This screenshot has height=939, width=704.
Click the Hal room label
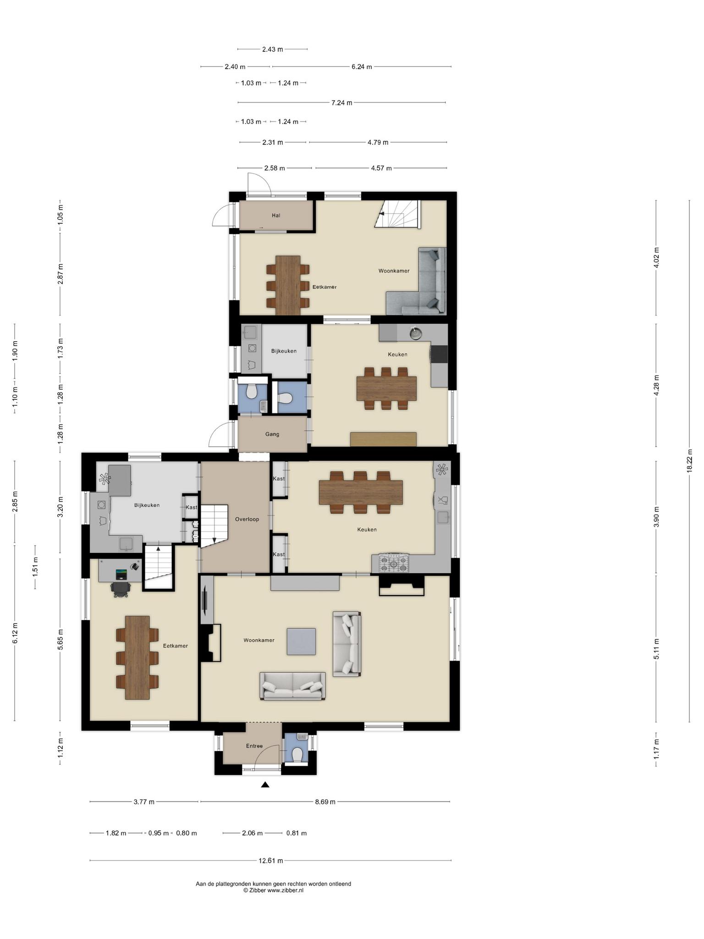(x=276, y=215)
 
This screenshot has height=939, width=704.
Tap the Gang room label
(x=272, y=434)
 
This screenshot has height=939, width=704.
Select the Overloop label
(x=247, y=519)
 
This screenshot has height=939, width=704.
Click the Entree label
(x=254, y=746)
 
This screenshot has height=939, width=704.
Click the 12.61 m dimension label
(x=271, y=861)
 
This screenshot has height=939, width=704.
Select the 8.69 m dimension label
(x=325, y=802)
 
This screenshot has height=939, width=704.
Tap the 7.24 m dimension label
(x=342, y=103)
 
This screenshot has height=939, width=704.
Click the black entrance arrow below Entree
(x=265, y=785)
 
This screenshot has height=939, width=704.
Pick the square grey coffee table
(x=301, y=641)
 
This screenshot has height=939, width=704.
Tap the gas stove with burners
(x=393, y=563)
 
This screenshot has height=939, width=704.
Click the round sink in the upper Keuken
(x=416, y=332)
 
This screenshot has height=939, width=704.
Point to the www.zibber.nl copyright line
(x=273, y=890)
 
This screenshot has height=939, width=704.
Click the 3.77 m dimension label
(x=144, y=802)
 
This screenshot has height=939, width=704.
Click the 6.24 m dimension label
(x=362, y=66)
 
